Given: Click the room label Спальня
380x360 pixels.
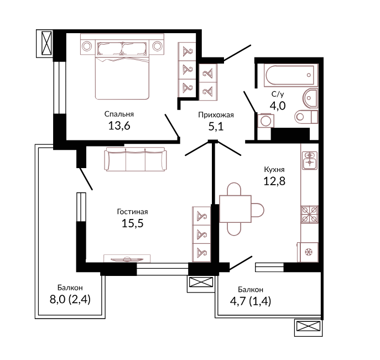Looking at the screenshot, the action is pos(119,114).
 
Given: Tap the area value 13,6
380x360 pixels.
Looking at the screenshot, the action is pos(119,126).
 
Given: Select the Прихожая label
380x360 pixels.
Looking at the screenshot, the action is pos(216,115).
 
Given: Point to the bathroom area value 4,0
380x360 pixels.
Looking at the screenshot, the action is pos(278,106).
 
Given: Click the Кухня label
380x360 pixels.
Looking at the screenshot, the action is pos(274,169).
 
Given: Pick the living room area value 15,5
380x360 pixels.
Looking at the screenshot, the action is pos(132,223).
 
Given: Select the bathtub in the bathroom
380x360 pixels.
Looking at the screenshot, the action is pos(291,75).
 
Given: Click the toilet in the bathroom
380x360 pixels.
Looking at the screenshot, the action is pos(306,117).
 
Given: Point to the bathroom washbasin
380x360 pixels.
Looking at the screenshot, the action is pos(310,98).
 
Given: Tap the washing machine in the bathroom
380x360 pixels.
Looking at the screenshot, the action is pos(266,121).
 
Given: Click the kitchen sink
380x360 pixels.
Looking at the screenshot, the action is pos(310,160).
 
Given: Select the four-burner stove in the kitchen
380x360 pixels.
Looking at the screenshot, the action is pos(310,215).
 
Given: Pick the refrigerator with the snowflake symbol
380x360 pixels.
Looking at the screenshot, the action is pos(308,252).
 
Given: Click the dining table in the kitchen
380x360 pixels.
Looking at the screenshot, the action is pos(235,209).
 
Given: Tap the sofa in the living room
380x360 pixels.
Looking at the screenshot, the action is pos(136,159).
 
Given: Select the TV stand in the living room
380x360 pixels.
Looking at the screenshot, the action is pos(127,258).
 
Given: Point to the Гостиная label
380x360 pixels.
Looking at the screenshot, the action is pos(132,212).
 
